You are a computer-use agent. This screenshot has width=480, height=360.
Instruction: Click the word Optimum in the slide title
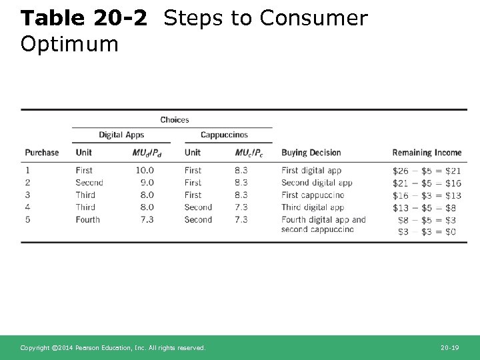pyautogui.click(x=69, y=44)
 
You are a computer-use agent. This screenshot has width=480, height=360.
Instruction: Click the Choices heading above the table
pyautogui.click(x=175, y=120)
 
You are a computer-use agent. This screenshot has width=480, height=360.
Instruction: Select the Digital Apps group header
pyautogui.click(x=121, y=135)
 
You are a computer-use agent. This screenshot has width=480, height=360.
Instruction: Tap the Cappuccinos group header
pyautogui.click(x=224, y=135)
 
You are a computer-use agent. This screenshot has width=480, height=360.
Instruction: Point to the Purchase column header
pyautogui.click(x=42, y=153)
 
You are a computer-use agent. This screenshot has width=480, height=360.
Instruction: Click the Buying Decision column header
pyautogui.click(x=311, y=153)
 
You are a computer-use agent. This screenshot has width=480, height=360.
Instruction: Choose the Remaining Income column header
pyautogui.click(x=427, y=153)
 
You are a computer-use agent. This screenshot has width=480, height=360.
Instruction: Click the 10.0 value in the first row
pyautogui.click(x=144, y=171)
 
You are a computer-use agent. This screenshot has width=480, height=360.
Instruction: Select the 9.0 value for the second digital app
pyautogui.click(x=147, y=183)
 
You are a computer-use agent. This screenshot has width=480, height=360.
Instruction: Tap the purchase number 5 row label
pyautogui.click(x=28, y=219)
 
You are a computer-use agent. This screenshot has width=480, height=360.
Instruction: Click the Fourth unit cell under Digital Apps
pyautogui.click(x=87, y=219)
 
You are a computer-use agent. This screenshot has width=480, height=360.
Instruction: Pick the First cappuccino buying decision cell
pyautogui.click(x=313, y=195)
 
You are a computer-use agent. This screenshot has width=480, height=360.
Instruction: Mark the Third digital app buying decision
pyautogui.click(x=311, y=207)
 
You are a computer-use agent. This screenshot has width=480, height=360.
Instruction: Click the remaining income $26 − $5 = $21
pyautogui.click(x=427, y=171)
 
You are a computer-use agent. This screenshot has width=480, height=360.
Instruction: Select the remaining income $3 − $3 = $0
pyautogui.click(x=427, y=231)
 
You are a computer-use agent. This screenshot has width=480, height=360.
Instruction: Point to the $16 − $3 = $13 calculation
pyautogui.click(x=427, y=195)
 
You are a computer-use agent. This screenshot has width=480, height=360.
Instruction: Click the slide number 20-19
pyautogui.click(x=451, y=348)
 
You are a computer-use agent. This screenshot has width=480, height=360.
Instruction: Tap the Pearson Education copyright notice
pyautogui.click(x=113, y=348)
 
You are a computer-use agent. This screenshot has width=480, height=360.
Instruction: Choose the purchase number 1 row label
pyautogui.click(x=28, y=171)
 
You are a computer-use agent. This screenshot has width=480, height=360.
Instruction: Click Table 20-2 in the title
pyautogui.click(x=84, y=19)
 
